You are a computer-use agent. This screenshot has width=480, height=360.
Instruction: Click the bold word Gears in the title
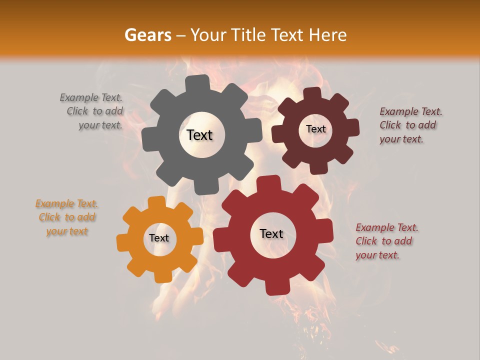tap(147, 35)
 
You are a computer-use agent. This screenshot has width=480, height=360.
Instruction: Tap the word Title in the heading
tap(249, 35)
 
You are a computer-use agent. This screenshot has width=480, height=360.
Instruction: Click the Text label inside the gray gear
tap(199, 135)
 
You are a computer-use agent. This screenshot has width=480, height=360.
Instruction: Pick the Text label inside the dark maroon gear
tap(315, 129)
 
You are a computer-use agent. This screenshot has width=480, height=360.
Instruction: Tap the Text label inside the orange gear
tap(159, 238)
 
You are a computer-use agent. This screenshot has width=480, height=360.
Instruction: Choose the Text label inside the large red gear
tap(271, 233)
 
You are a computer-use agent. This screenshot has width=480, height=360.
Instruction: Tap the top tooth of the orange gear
tap(156, 202)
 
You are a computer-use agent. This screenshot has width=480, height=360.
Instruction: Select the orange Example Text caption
tap(67, 217)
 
